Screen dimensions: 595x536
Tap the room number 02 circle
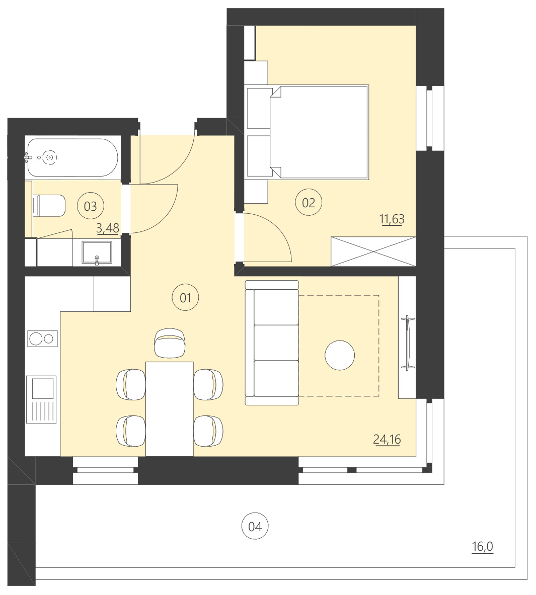click(308, 203)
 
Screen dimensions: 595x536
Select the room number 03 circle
click(90, 206)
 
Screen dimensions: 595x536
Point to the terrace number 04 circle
click(255, 527)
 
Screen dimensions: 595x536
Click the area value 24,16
click(387, 439)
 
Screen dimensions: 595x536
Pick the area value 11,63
click(392, 219)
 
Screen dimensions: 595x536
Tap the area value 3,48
click(108, 228)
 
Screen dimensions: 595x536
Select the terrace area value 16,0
click(482, 547)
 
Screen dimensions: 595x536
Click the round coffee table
click(340, 355)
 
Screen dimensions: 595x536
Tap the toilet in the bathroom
click(49, 206)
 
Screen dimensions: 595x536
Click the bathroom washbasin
click(97, 253)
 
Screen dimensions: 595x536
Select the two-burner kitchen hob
click(42, 338)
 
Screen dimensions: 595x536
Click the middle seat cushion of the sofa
click(276, 343)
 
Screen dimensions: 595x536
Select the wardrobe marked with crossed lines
click(373, 251)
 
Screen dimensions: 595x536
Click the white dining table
click(170, 408)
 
